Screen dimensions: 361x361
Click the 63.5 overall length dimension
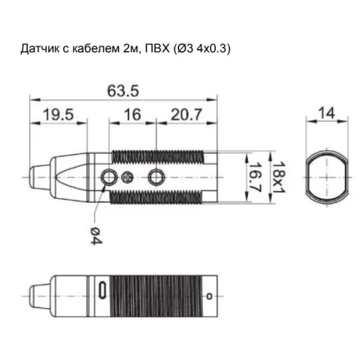(123, 91)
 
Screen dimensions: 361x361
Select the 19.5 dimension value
(59, 115)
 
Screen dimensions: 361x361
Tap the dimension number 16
(132, 115)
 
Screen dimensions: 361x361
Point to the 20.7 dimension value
(186, 115)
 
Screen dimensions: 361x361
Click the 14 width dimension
(327, 113)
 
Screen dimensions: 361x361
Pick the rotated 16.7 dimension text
(255, 177)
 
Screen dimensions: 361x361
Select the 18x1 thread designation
(278, 177)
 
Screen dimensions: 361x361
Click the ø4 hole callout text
(96, 235)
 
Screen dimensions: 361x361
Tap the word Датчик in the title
(40, 49)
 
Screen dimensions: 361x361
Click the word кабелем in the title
(95, 48)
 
